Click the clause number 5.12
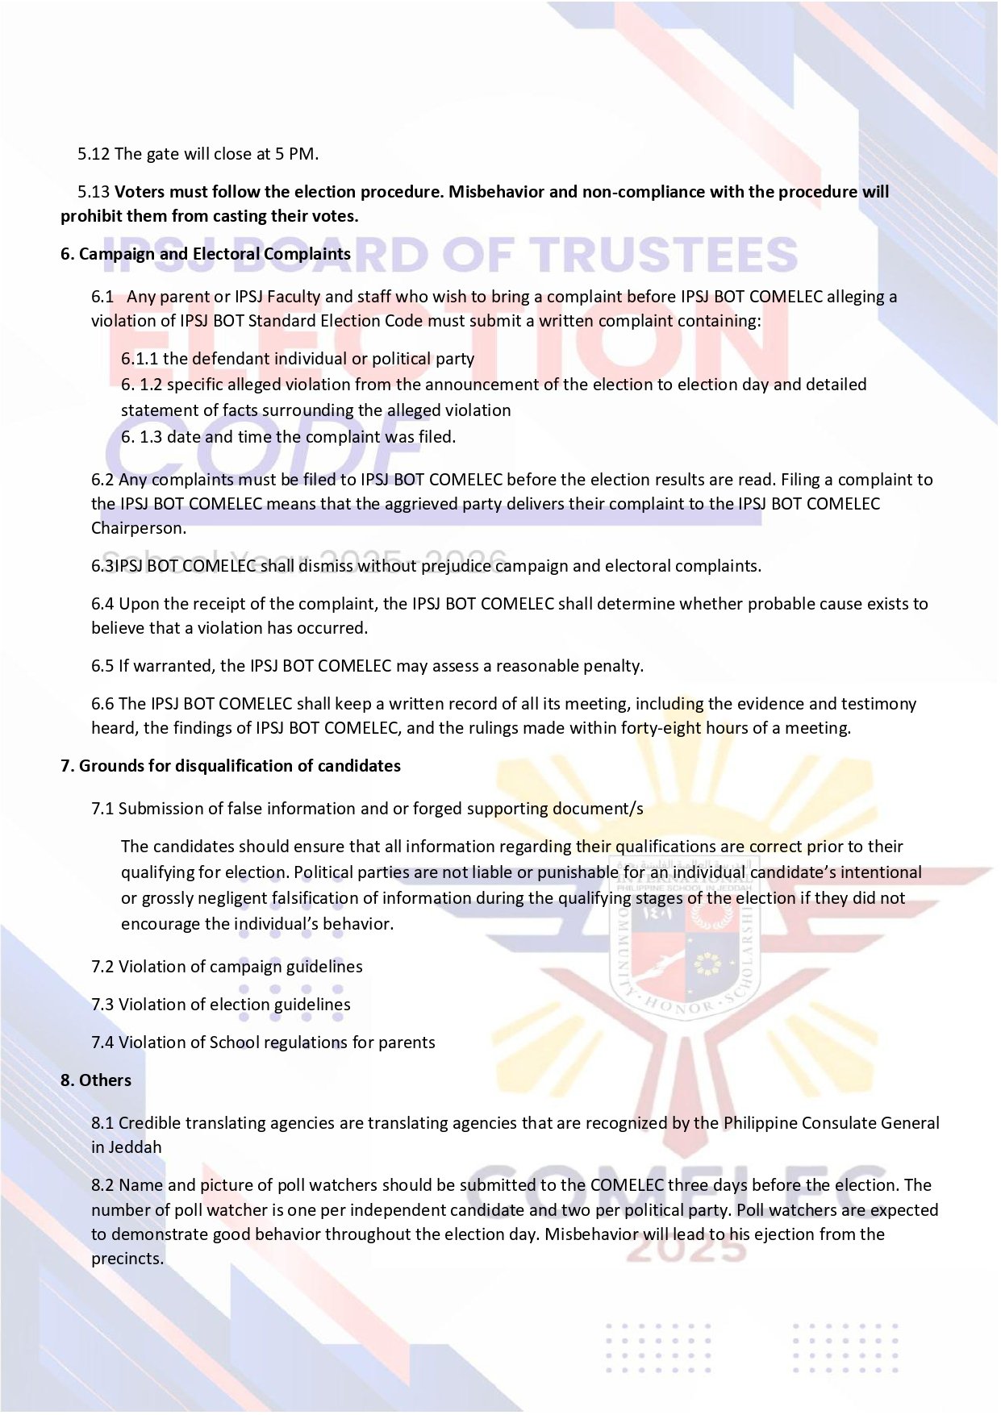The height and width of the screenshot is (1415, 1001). [x=94, y=154]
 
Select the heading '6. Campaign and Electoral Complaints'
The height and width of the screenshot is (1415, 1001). [x=206, y=254]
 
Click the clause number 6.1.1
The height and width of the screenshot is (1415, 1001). [x=140, y=359]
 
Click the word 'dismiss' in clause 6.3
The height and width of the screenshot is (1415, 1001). [x=326, y=566]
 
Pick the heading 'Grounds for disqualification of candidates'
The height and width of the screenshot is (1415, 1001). [x=240, y=766]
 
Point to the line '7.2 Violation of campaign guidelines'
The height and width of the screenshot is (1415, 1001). [x=227, y=967]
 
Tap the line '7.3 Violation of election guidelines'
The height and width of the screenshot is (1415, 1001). [x=221, y=1005]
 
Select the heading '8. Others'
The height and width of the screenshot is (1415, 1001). [x=96, y=1080]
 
